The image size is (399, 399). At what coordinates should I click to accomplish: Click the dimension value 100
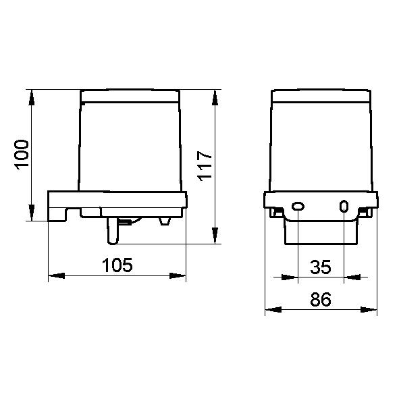click(22, 155)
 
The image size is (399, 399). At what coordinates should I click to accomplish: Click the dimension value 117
click(205, 166)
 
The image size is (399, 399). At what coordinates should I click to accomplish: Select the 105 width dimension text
click(117, 265)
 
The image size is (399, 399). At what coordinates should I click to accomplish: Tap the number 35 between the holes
click(321, 267)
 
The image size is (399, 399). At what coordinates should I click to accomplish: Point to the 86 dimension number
click(321, 299)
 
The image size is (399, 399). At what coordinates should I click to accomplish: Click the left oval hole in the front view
click(298, 206)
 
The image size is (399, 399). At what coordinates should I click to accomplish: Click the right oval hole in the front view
click(344, 206)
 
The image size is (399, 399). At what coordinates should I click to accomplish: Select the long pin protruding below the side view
click(113, 231)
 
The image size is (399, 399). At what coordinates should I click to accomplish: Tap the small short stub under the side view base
click(165, 221)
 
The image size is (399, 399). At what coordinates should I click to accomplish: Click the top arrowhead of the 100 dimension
click(32, 97)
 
